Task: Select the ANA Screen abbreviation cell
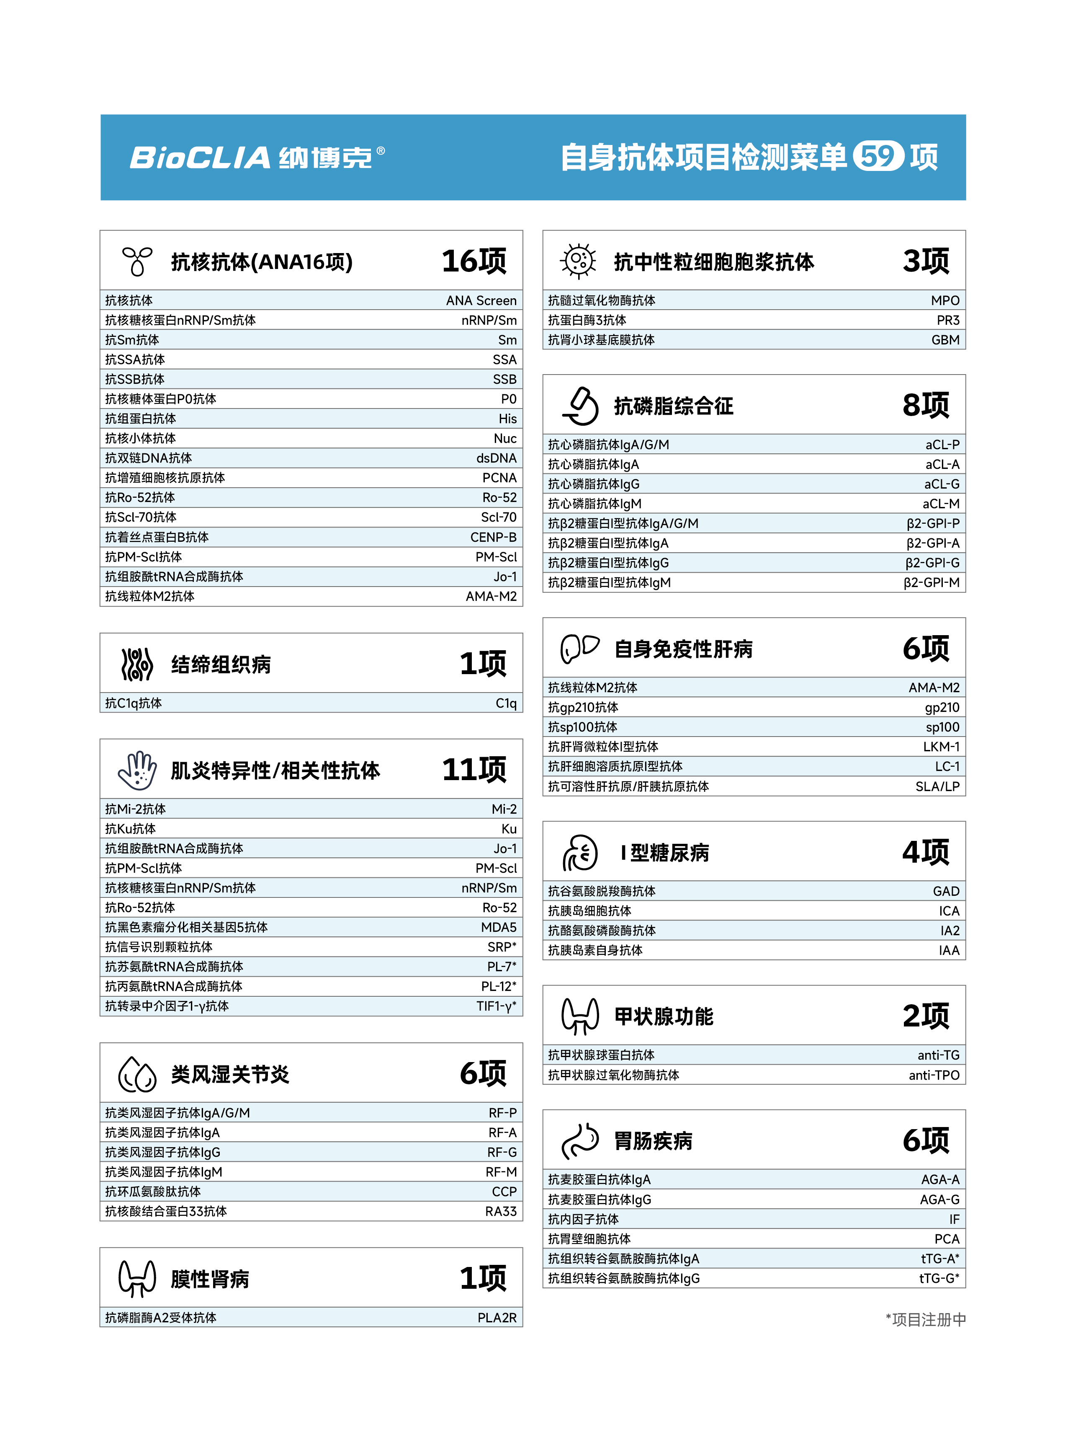[481, 300]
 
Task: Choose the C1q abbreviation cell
[506, 703]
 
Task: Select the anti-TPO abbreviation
[934, 1075]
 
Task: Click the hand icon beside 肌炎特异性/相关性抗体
[137, 770]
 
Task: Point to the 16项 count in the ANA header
[474, 261]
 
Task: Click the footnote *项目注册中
[925, 1320]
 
